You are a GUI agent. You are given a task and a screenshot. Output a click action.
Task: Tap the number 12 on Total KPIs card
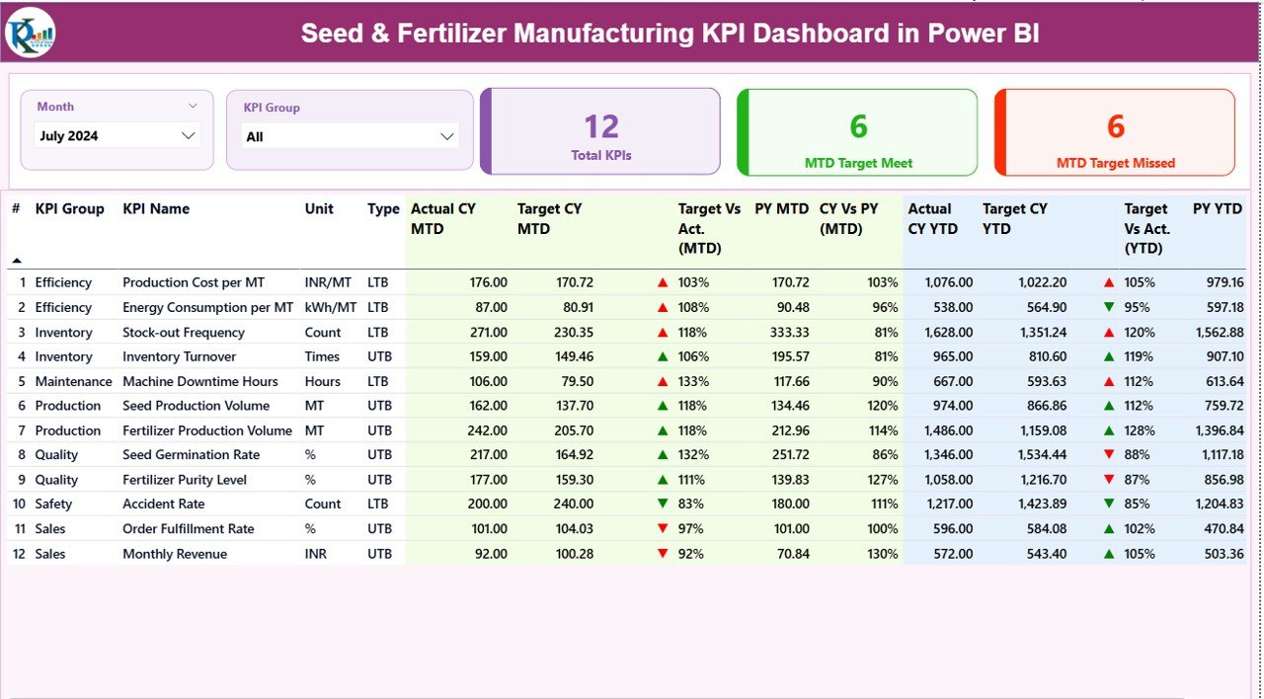tap(601, 126)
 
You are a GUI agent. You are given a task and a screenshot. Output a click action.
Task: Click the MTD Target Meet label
tap(858, 163)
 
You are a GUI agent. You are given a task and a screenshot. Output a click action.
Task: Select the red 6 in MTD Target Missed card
tap(1116, 126)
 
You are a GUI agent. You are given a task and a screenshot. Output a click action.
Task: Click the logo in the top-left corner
tap(30, 33)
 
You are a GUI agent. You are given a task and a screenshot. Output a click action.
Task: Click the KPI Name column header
tap(156, 209)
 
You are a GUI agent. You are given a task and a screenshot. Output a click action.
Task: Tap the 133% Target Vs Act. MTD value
tap(692, 381)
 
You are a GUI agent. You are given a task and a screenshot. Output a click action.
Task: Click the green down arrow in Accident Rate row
tap(663, 505)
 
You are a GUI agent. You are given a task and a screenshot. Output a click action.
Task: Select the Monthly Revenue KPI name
tap(175, 554)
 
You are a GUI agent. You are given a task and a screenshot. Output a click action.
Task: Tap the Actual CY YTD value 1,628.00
tap(950, 333)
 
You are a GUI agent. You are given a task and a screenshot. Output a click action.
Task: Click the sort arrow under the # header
tap(17, 261)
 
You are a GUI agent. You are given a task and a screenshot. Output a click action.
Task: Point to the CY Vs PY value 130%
tap(884, 554)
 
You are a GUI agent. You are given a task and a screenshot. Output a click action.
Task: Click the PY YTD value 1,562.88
tap(1218, 333)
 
